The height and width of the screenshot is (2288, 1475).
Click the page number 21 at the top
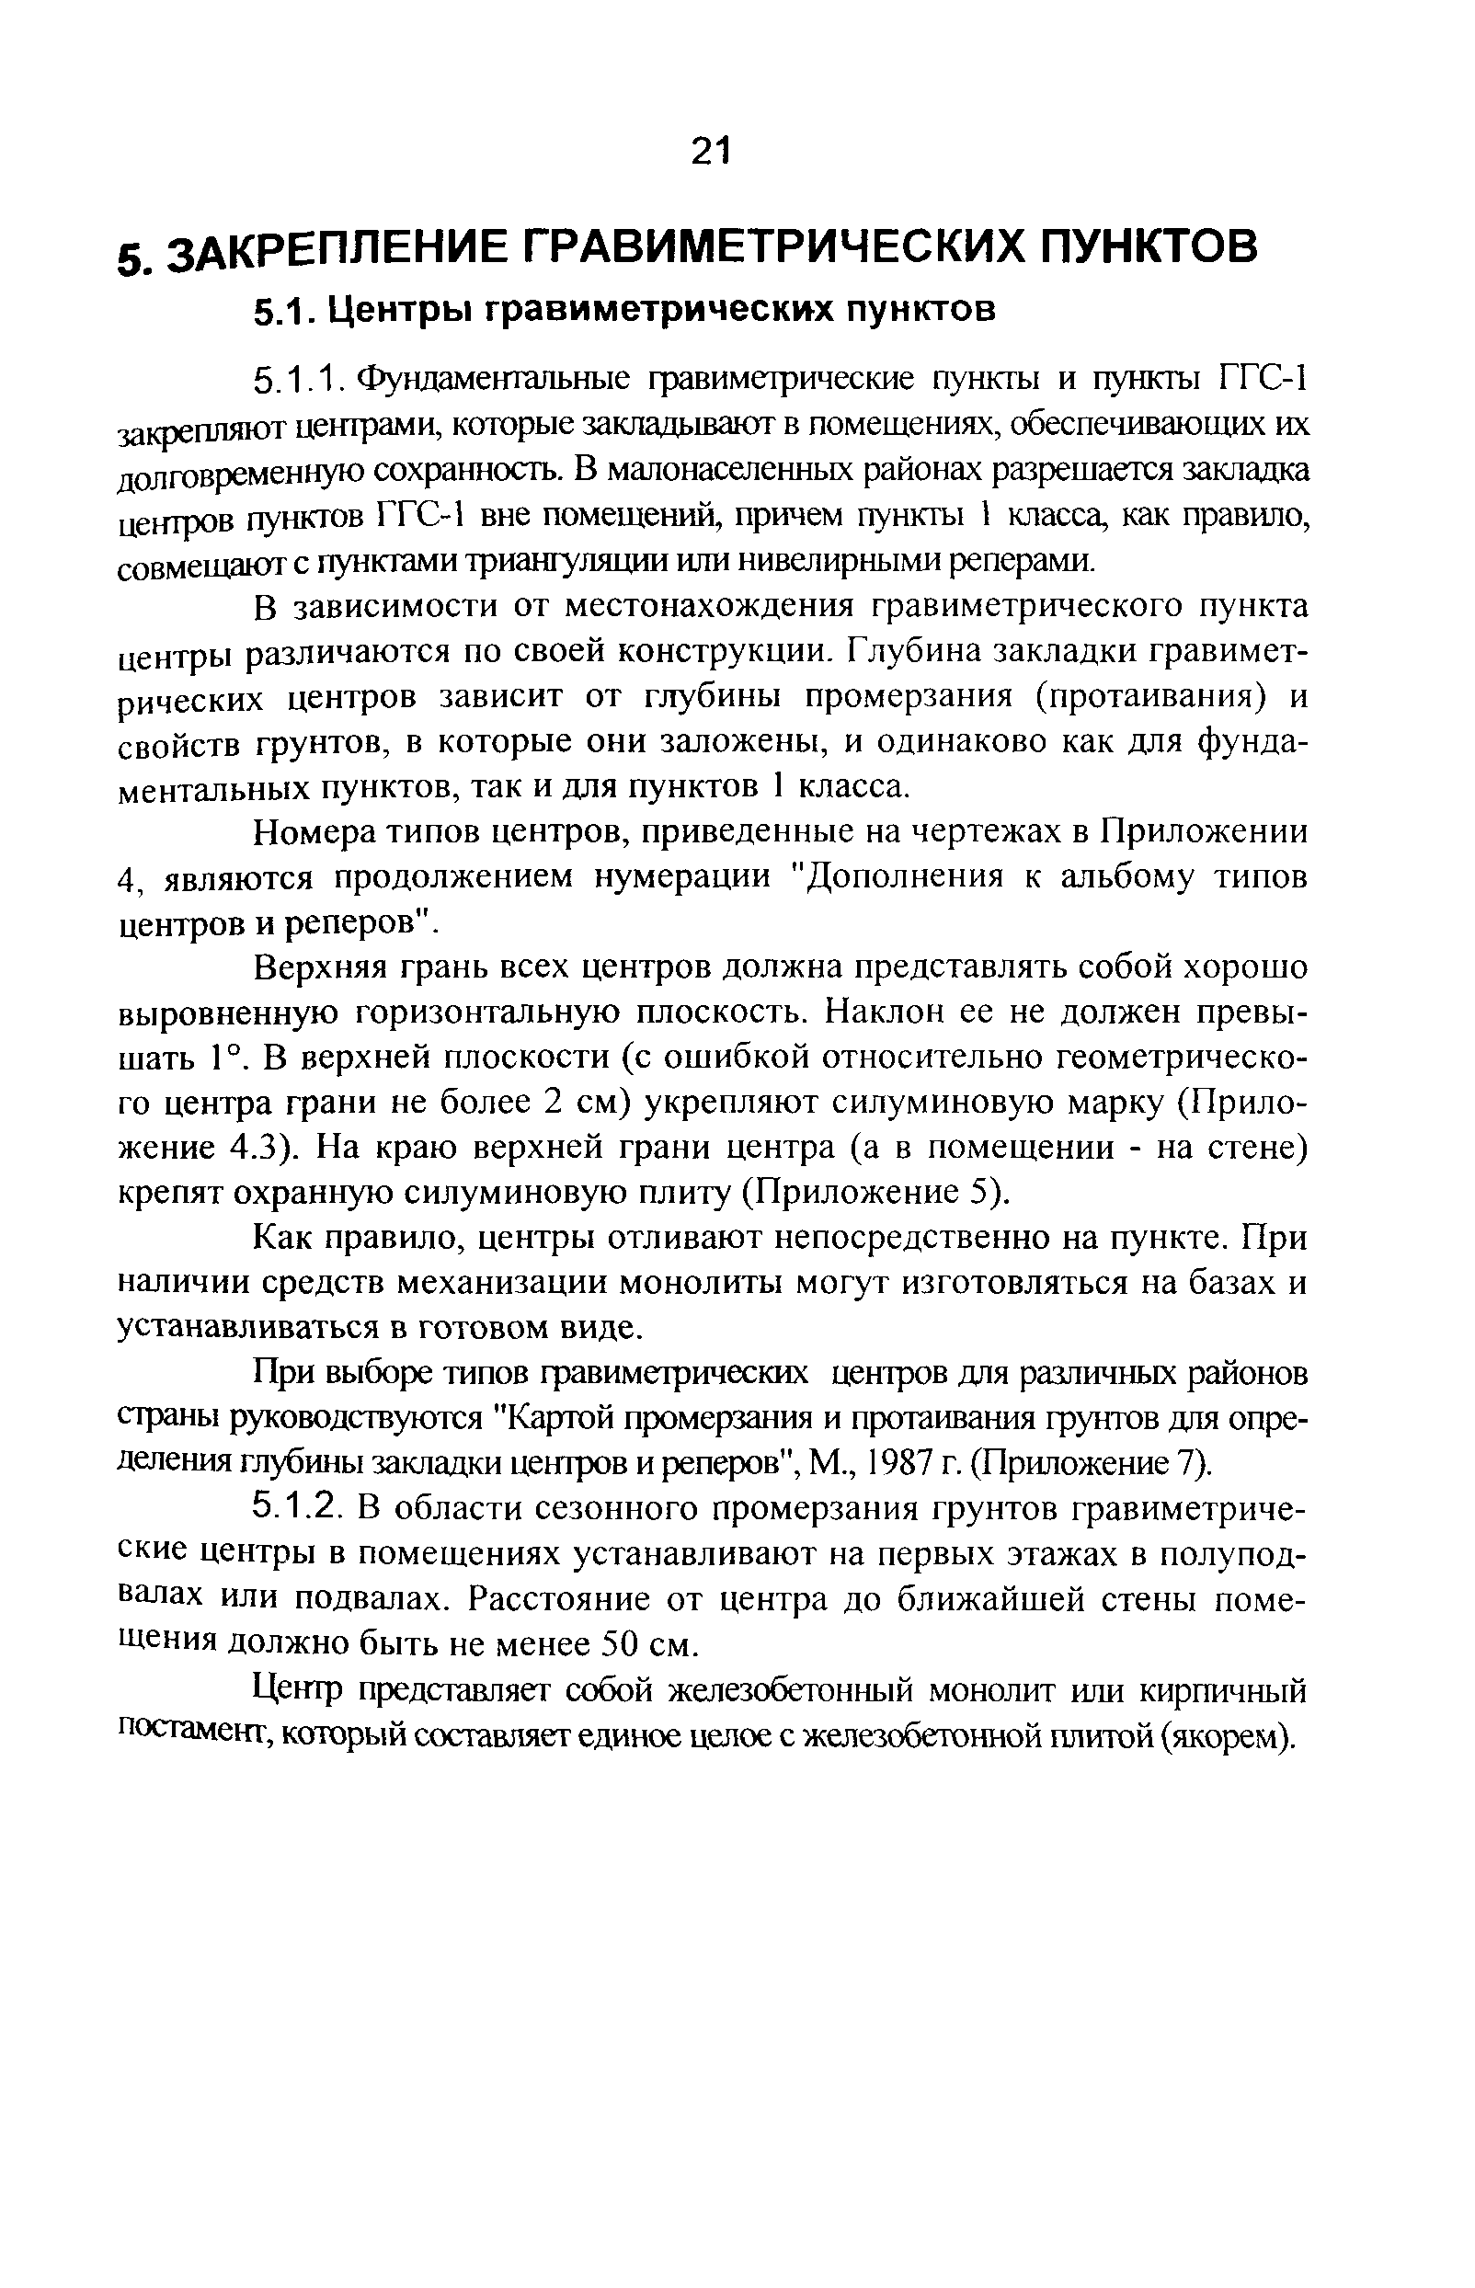click(710, 151)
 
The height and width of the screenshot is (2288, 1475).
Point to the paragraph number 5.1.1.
click(298, 381)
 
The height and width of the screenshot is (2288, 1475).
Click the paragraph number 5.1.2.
click(298, 1509)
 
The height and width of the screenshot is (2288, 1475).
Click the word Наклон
click(883, 1012)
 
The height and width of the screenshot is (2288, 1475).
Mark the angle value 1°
click(228, 1058)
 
